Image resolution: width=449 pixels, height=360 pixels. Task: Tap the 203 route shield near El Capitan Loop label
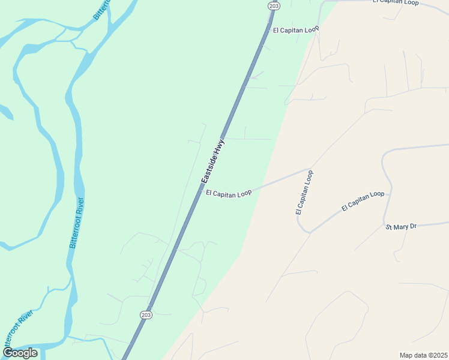[x=273, y=6]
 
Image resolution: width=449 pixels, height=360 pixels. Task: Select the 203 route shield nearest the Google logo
[x=146, y=314]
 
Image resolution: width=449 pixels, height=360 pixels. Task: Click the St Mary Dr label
[x=400, y=227]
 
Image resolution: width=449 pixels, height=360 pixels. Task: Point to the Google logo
[x=20, y=353]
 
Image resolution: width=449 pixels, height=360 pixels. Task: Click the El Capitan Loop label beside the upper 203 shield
[x=295, y=29]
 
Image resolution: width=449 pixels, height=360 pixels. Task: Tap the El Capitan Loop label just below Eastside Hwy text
[x=228, y=193]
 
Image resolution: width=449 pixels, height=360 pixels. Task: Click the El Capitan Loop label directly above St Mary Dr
[x=363, y=201]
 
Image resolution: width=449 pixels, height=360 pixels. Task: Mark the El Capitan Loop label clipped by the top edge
[x=395, y=2]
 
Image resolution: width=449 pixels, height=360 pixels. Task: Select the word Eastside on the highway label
[x=209, y=169]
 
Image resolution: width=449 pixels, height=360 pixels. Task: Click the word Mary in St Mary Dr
[x=401, y=227]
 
